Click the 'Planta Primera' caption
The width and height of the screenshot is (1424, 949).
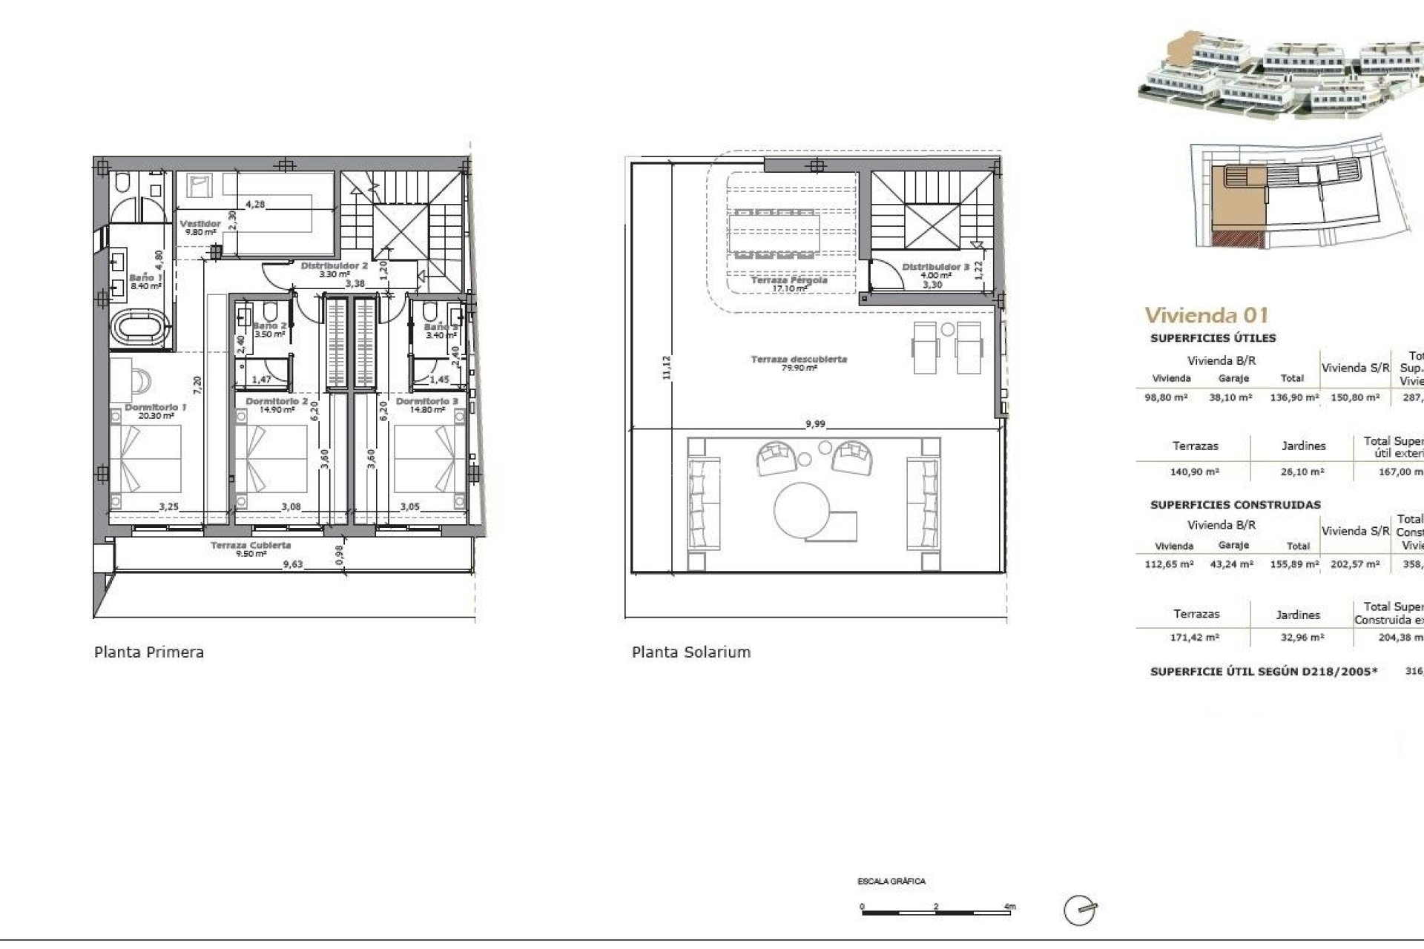pyautogui.click(x=149, y=652)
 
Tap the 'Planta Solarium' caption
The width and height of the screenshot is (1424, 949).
pyautogui.click(x=691, y=652)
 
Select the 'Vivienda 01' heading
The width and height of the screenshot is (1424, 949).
pyautogui.click(x=1207, y=315)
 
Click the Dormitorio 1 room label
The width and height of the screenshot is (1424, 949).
pyautogui.click(x=155, y=408)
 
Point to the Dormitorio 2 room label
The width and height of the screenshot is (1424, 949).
pyautogui.click(x=277, y=402)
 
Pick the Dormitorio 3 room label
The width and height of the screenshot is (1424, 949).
pyautogui.click(x=426, y=402)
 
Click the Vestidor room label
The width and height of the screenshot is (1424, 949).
pyautogui.click(x=200, y=224)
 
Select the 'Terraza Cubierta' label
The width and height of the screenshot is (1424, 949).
pyautogui.click(x=251, y=546)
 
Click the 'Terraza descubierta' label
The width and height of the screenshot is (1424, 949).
pyautogui.click(x=799, y=360)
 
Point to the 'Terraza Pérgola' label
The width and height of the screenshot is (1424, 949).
pyautogui.click(x=788, y=281)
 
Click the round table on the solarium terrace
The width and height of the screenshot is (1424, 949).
pyautogui.click(x=802, y=511)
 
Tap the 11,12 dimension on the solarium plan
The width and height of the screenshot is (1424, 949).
pyautogui.click(x=665, y=368)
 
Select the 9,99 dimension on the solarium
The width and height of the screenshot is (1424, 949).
pyautogui.click(x=815, y=424)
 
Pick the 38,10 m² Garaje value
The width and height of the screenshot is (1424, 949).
pyautogui.click(x=1231, y=397)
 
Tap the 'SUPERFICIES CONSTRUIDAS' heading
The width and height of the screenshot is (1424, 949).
pyautogui.click(x=1235, y=505)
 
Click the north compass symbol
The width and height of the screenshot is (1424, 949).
pyautogui.click(x=1080, y=910)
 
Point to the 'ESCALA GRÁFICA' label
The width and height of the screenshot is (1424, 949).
pyautogui.click(x=891, y=882)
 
